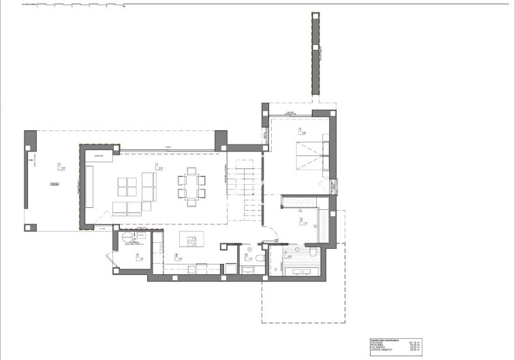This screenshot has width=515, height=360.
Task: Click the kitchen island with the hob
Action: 189,241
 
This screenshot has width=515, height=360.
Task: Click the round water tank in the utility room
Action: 127,239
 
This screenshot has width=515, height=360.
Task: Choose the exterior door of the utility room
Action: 109,260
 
